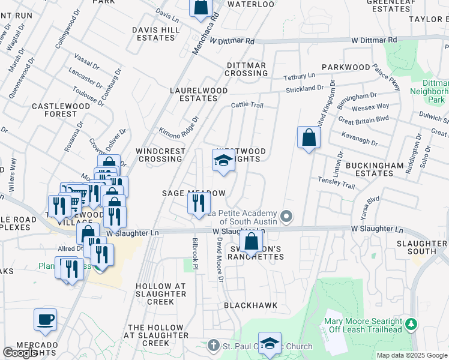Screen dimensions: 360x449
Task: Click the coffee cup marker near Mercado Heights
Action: (x=45, y=319)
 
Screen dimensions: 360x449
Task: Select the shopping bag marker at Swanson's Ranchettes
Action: (x=252, y=242)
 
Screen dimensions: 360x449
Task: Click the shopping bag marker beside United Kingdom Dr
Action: (x=308, y=137)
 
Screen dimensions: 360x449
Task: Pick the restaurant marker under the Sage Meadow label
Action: (x=198, y=204)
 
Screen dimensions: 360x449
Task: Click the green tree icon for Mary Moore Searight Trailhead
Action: (x=411, y=325)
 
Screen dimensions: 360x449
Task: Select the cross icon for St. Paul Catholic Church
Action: (x=214, y=346)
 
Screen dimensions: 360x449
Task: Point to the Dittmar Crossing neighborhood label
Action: (x=247, y=69)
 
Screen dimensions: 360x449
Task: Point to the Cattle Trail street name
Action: (x=247, y=106)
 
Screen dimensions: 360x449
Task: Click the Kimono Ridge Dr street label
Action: (x=178, y=128)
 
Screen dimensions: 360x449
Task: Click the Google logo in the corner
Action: (x=20, y=353)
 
